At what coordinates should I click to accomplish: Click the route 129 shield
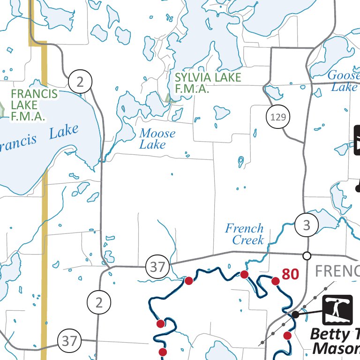(x=278, y=117)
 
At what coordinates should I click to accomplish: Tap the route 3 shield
(x=307, y=225)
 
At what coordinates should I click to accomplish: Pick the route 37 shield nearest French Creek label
(x=157, y=267)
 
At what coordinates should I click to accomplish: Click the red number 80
(x=290, y=274)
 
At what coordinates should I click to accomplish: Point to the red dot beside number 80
(x=276, y=281)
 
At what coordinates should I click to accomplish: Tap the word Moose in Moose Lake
(x=157, y=134)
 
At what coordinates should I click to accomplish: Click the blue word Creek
(x=248, y=240)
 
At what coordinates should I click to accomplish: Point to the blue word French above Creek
(x=244, y=229)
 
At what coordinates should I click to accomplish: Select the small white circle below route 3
(x=307, y=255)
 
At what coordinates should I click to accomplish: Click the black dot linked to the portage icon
(x=295, y=315)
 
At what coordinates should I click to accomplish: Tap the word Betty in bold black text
(x=330, y=335)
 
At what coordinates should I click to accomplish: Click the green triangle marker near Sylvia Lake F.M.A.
(x=169, y=97)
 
